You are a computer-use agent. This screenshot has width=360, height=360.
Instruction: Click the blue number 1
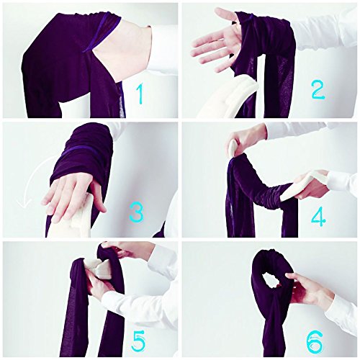(140, 94)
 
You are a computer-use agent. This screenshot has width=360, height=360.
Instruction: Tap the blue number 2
(318, 89)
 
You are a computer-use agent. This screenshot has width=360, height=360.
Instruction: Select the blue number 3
(137, 212)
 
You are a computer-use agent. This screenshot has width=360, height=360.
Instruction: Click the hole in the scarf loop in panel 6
(272, 280)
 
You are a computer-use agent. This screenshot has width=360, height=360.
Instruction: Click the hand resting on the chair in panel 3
(72, 194)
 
